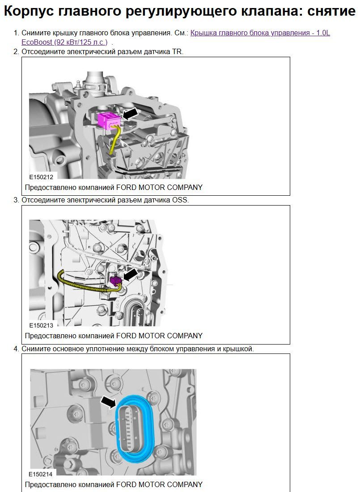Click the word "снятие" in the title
coord(331,11)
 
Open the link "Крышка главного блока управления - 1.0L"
coord(260,33)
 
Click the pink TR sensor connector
coord(109,121)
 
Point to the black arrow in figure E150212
coord(130,113)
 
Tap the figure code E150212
coord(42,177)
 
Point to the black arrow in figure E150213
coord(131,274)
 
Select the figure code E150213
coord(42,325)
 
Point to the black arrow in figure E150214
coord(108,402)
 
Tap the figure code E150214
coord(41,474)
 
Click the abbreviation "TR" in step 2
coord(177,52)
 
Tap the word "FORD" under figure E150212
coord(126,188)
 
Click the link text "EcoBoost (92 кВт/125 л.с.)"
coord(64,42)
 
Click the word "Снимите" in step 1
coord(36,33)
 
